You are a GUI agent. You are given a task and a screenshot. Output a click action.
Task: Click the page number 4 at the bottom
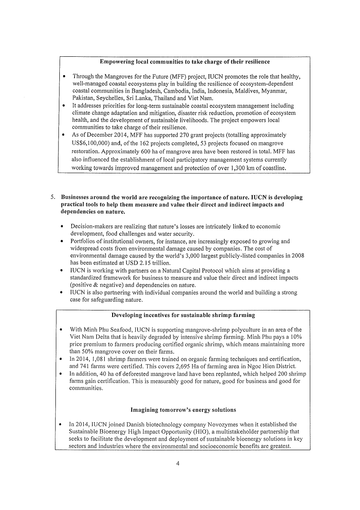click(178, 464)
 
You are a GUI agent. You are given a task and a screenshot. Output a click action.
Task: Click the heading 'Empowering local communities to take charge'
click(185, 62)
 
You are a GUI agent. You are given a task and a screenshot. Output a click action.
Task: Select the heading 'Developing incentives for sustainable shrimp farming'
click(183, 315)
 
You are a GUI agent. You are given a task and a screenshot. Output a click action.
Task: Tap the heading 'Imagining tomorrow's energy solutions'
click(183, 410)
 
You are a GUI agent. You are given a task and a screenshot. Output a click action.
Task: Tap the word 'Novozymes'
click(240, 424)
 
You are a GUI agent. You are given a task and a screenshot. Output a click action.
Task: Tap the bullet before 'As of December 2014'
click(64, 135)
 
